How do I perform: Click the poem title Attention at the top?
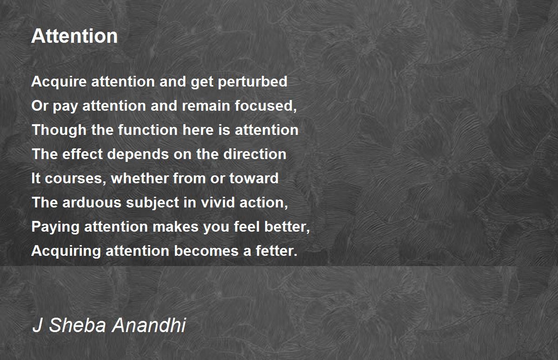coord(74,36)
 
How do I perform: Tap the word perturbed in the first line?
coord(252,82)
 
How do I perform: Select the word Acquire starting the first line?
coord(59,82)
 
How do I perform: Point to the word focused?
coord(266,106)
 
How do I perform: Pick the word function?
coord(148,130)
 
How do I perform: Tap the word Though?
coord(59,130)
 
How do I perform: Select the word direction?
coord(255,154)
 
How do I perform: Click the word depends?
coord(138,154)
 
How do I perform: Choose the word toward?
coord(254,178)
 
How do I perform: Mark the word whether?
coord(140,178)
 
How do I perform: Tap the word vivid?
coord(218,202)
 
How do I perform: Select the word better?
coord(287,227)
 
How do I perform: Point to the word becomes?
coord(206,251)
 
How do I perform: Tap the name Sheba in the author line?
coord(78,325)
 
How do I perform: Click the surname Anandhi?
coord(149,325)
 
